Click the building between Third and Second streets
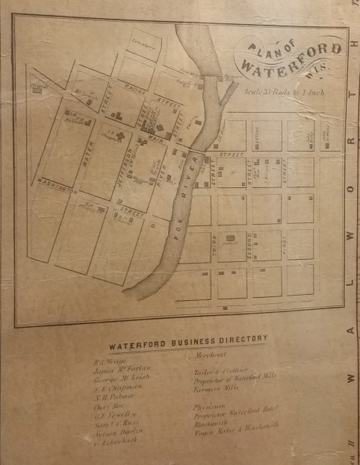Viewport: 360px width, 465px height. [231, 238]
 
